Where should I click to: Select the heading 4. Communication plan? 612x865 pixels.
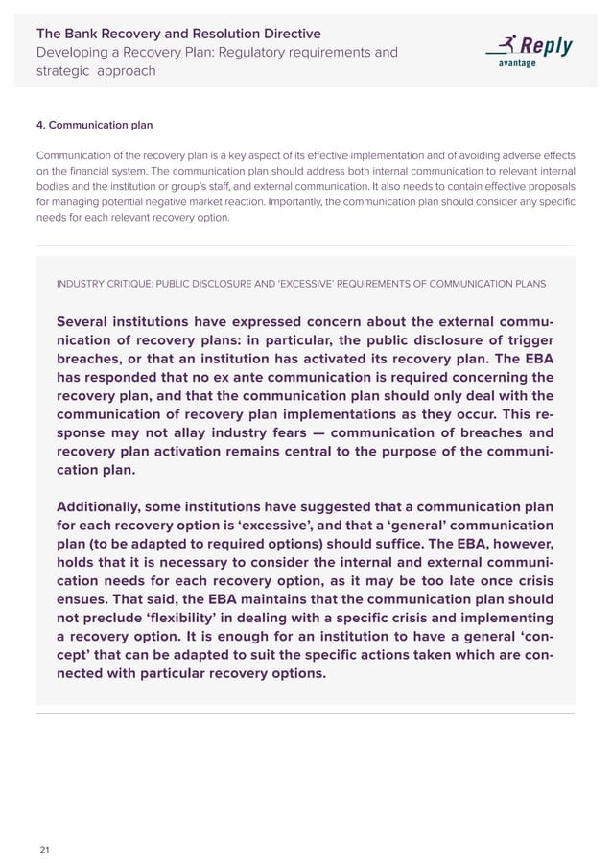[x=94, y=125]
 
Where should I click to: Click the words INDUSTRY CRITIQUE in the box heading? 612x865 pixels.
[x=108, y=284]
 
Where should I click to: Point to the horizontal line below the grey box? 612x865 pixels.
[x=305, y=714]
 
